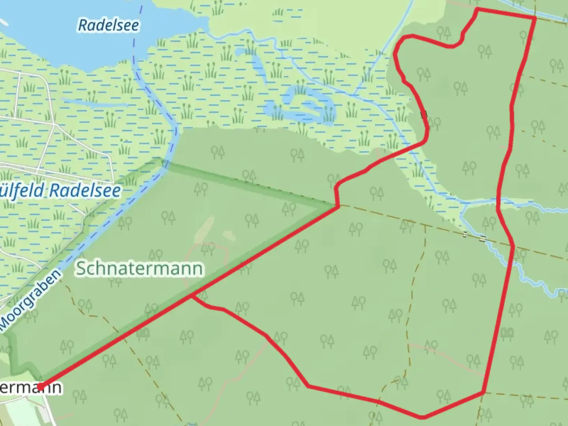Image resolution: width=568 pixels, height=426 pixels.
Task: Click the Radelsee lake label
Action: point(108,25)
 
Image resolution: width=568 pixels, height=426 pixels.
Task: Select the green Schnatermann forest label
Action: point(140,268)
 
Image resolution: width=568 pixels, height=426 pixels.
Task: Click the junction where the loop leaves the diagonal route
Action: point(192,296)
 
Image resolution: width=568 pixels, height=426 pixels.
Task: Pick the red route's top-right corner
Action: point(535,18)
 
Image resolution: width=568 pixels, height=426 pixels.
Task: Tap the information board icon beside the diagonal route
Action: point(143,334)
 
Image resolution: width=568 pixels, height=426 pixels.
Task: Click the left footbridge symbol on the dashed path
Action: point(465,235)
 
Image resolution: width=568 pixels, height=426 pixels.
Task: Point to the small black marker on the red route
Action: point(424,115)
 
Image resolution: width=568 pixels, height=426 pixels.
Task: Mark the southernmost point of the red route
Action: point(422,417)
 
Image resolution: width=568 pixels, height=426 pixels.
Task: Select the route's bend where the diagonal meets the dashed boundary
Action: point(338,206)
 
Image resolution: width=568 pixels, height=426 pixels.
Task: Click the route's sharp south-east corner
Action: point(483,392)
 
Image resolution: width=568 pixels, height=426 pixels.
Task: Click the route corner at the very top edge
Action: point(478,9)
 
